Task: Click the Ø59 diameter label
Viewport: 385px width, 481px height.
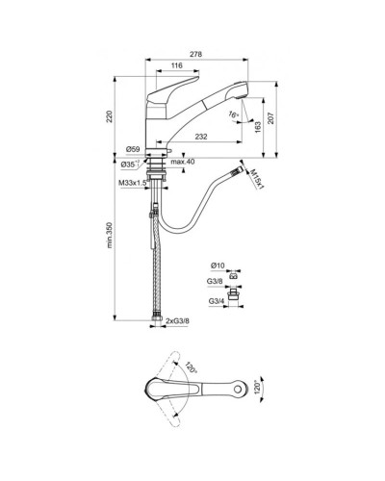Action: click(x=134, y=150)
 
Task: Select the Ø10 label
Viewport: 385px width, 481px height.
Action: click(x=217, y=265)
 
